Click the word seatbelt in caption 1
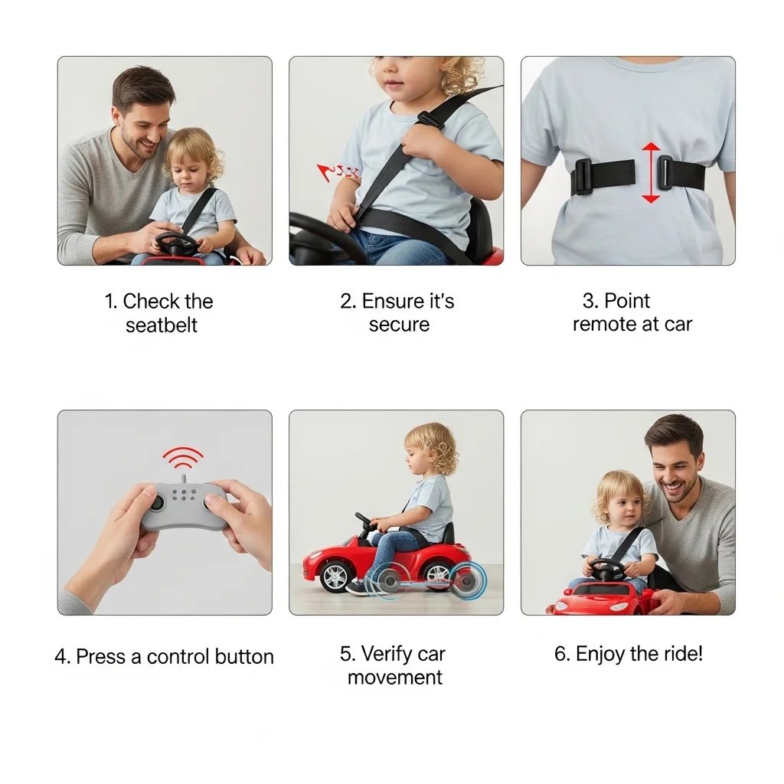pos(162,325)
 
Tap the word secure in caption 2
pos(399,325)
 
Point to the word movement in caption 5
pos(394,678)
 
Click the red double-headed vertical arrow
pos(651,172)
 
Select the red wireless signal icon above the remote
pos(182,458)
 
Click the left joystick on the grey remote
pos(157,503)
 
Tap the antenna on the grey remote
pos(184,479)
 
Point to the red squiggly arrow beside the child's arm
pos(338,172)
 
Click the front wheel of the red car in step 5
pos(335,577)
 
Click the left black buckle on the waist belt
pos(583,177)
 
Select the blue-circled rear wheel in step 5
pos(467,580)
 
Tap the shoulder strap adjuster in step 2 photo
pos(430,119)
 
